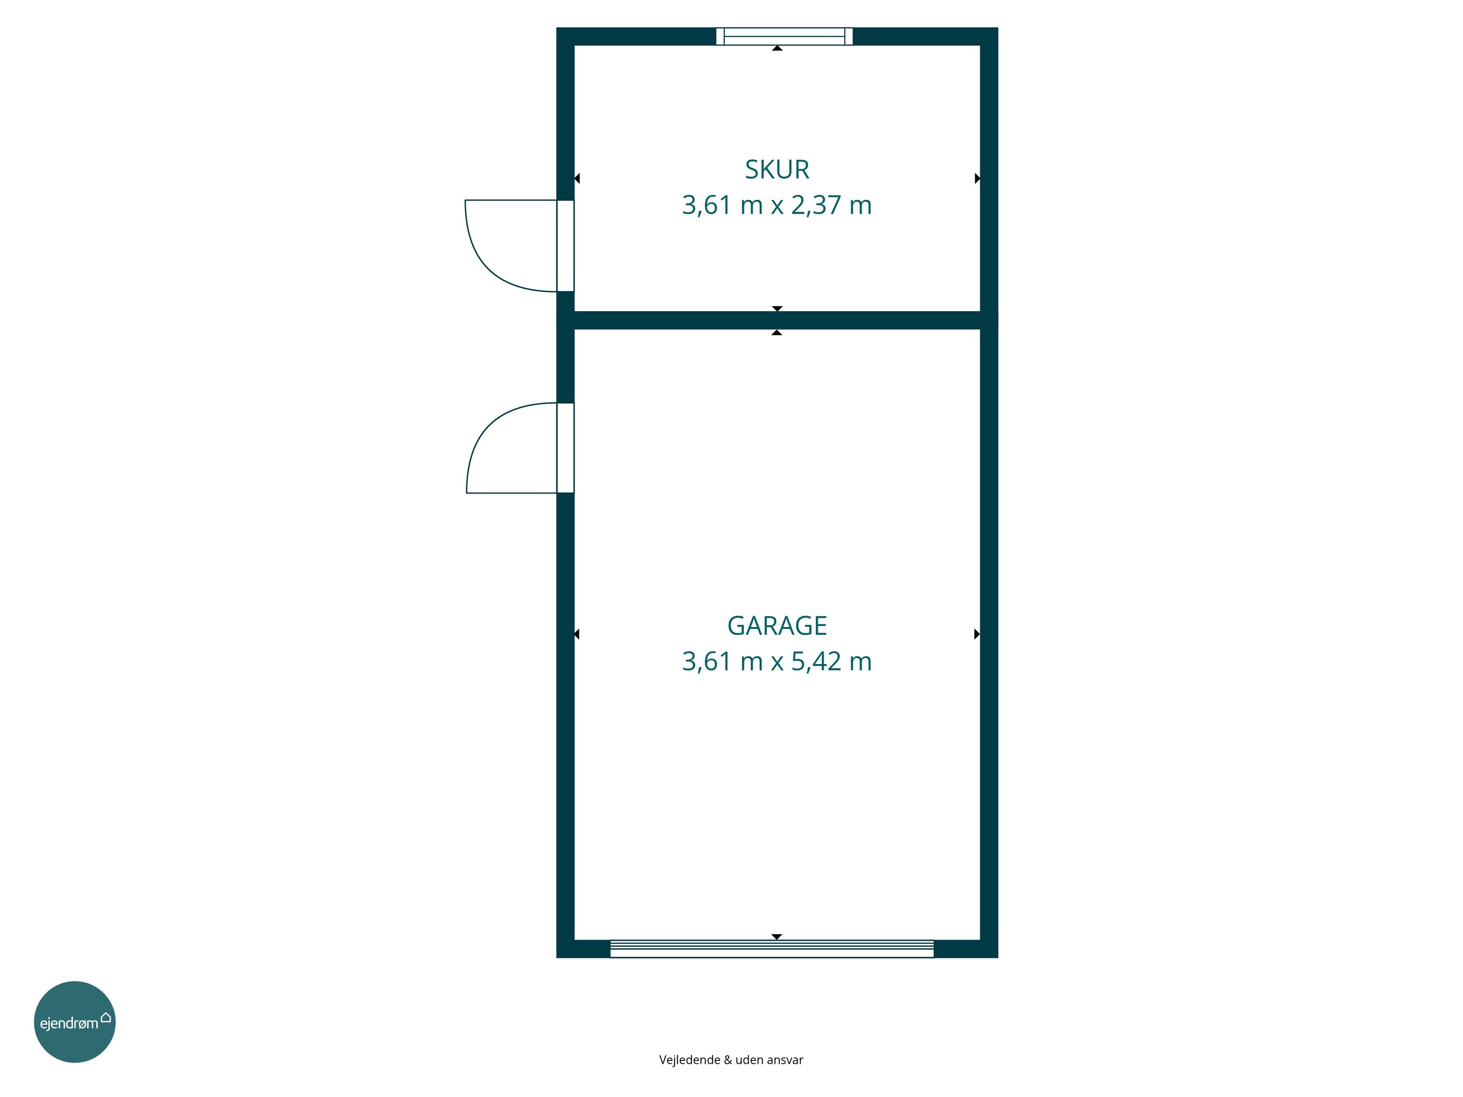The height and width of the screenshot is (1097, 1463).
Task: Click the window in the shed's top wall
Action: [x=784, y=37]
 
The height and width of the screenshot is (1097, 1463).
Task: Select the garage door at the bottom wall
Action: [x=772, y=949]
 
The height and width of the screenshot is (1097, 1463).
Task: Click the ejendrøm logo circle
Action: [x=75, y=1021]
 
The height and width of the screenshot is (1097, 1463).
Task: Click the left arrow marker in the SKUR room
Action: [x=577, y=178]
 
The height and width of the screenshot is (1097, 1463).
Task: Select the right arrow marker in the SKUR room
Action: [x=978, y=178]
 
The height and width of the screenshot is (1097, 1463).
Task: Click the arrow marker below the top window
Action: [x=777, y=48]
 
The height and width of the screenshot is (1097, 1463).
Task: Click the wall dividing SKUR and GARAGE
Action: [x=777, y=320]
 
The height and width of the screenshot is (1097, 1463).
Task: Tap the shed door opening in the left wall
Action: [x=566, y=245]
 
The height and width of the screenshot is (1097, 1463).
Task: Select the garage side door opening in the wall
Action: [x=566, y=448]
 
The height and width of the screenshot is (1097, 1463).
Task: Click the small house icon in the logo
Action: [x=105, y=1017]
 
